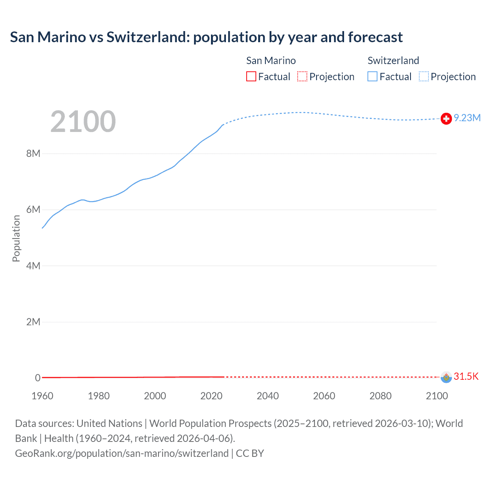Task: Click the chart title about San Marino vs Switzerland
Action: click(x=206, y=37)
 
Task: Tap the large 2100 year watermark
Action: click(x=83, y=122)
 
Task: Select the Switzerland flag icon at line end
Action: click(x=446, y=119)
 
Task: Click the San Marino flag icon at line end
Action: click(x=446, y=377)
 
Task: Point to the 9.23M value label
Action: click(x=467, y=118)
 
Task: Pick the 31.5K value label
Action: click(x=466, y=376)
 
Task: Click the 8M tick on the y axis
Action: click(x=33, y=154)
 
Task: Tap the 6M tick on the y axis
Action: click(x=33, y=210)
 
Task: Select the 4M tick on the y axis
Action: click(x=33, y=266)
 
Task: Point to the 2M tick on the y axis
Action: click(x=33, y=322)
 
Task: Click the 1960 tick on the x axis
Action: click(x=42, y=396)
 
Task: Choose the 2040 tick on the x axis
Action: click(x=268, y=396)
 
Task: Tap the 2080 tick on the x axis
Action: click(x=381, y=396)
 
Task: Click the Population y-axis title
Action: click(x=16, y=238)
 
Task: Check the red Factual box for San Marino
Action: click(x=251, y=77)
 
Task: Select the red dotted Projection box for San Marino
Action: click(x=302, y=77)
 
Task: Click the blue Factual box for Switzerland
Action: click(x=372, y=77)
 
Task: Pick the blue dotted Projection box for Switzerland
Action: click(x=424, y=77)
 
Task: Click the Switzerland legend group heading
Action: click(x=393, y=61)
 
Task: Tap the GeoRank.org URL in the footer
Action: click(x=122, y=453)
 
